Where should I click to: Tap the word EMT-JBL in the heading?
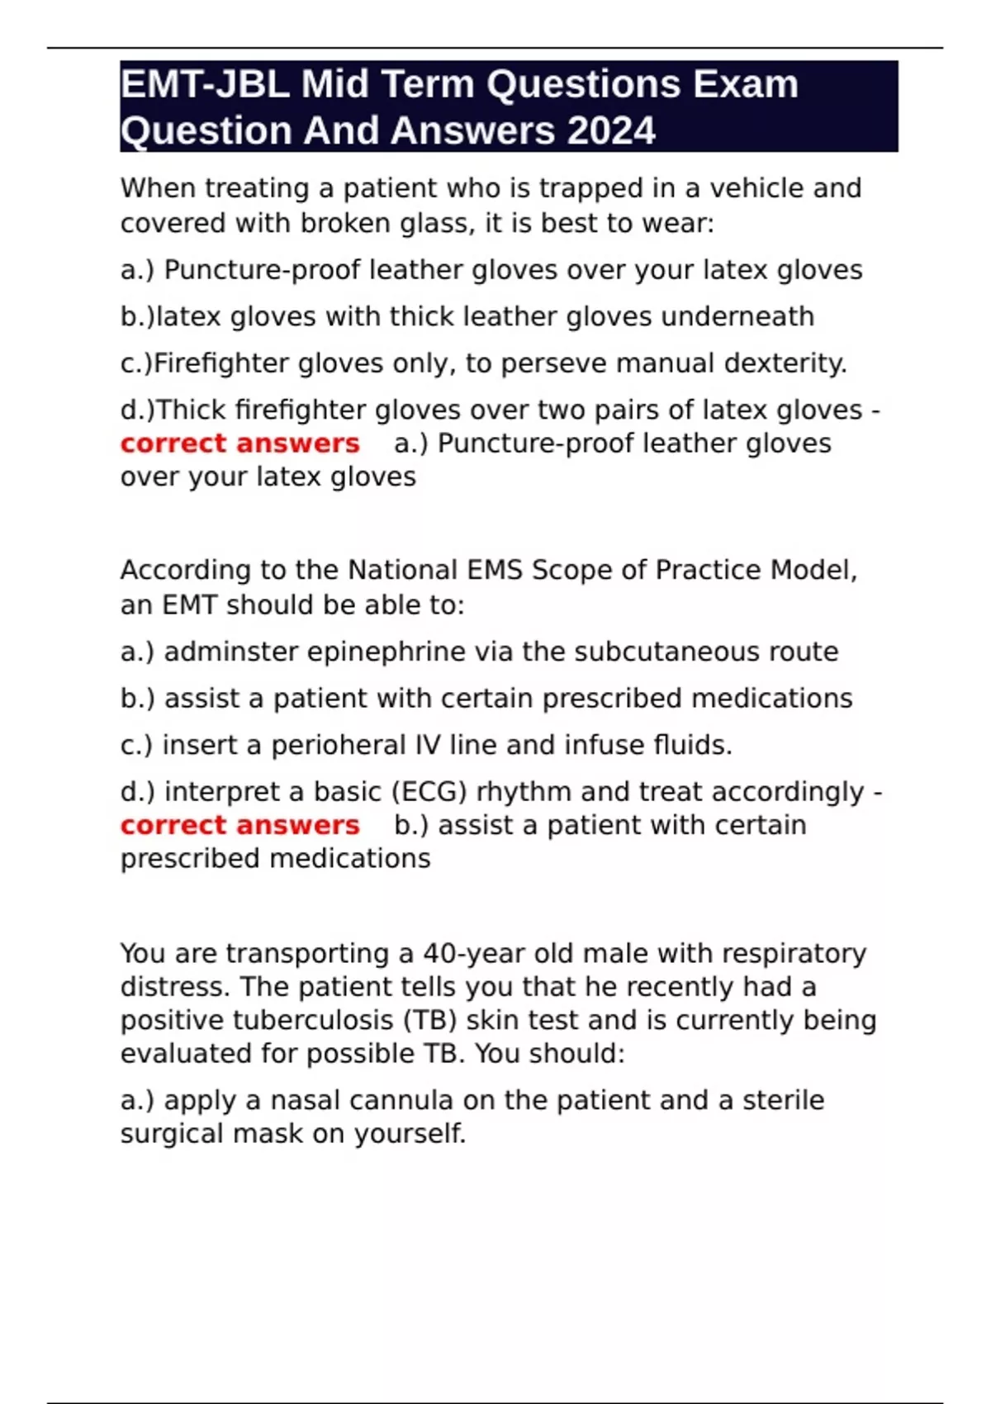pos(205,84)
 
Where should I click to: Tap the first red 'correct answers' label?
pos(239,443)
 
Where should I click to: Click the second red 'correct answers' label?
pos(239,825)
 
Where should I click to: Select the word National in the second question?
pos(403,570)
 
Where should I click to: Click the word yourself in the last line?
pos(410,1134)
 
